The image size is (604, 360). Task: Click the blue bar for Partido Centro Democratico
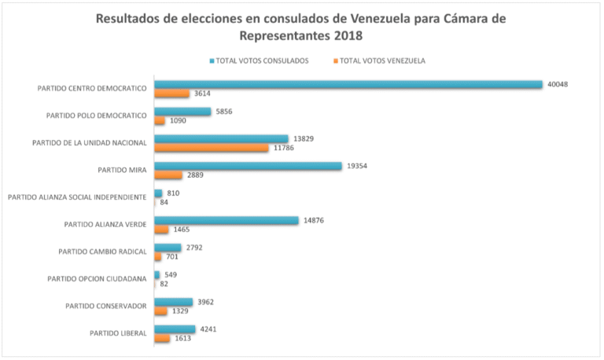click(x=348, y=84)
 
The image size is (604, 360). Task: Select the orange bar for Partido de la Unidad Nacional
click(x=212, y=148)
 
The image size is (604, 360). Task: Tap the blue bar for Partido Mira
click(x=248, y=166)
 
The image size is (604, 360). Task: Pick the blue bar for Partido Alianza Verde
click(x=226, y=221)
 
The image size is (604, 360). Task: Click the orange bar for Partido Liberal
click(x=162, y=339)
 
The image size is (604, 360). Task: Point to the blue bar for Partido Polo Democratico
click(x=182, y=112)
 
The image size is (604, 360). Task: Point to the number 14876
click(x=313, y=221)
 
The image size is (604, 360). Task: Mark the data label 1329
click(x=182, y=311)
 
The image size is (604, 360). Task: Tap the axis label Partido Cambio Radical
click(x=102, y=252)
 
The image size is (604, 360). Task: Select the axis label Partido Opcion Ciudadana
click(x=97, y=279)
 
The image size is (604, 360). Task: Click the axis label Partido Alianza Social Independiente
click(x=77, y=197)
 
